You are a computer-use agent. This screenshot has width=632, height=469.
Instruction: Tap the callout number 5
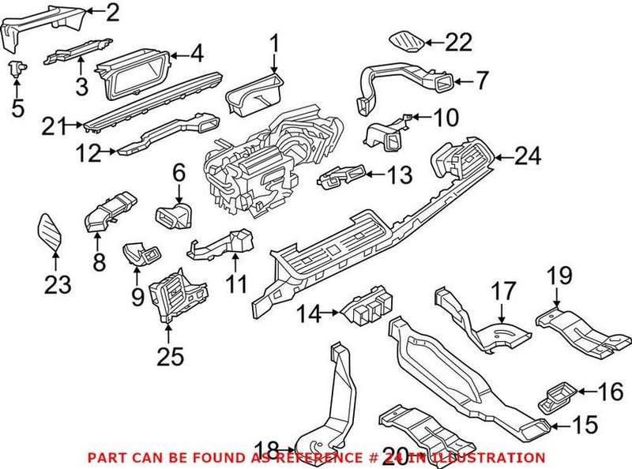pyautogui.click(x=18, y=107)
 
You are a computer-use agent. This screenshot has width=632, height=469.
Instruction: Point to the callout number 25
pyautogui.click(x=170, y=356)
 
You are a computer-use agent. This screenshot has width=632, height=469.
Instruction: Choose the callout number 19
pyautogui.click(x=559, y=276)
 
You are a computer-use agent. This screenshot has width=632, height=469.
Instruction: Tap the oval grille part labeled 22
pyautogui.click(x=407, y=39)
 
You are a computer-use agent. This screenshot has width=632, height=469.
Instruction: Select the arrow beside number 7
pyautogui.click(x=458, y=80)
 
